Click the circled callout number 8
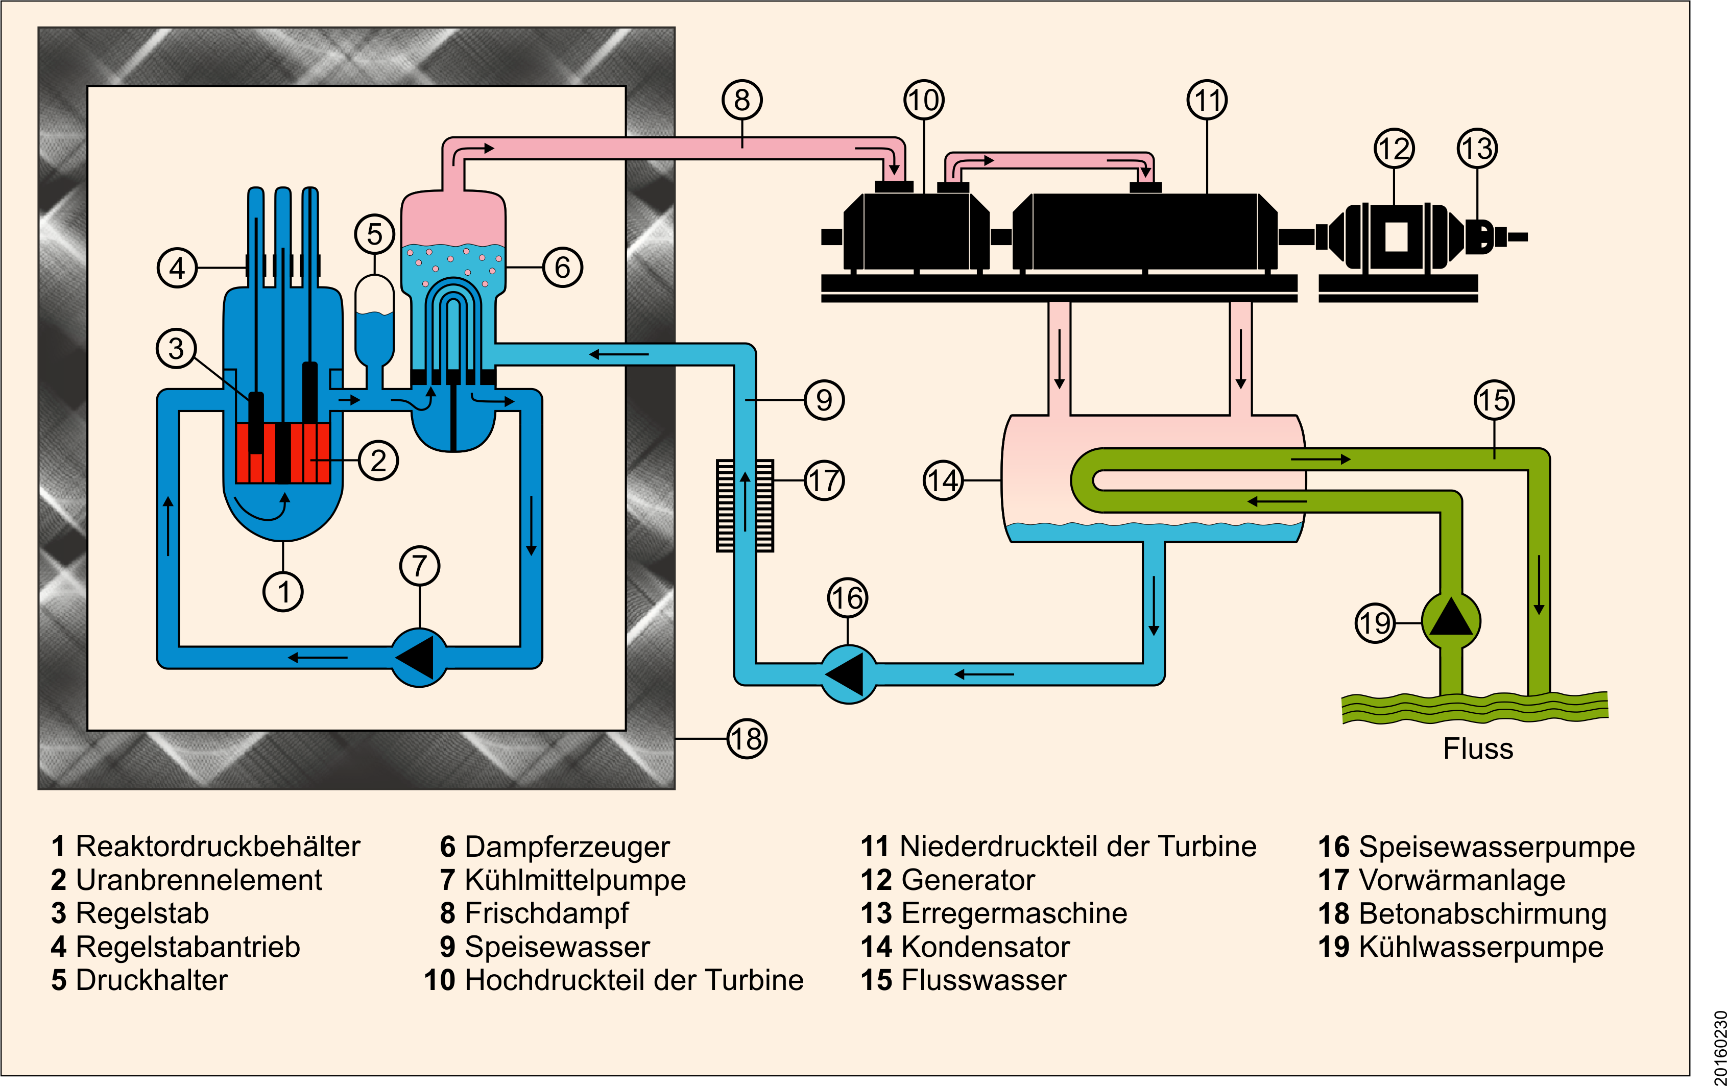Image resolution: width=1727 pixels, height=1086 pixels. tap(741, 100)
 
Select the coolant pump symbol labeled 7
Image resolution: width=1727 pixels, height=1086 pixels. tap(420, 657)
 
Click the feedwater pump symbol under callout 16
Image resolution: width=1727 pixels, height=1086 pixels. tap(848, 674)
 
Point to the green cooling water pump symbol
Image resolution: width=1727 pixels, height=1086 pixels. tap(1450, 620)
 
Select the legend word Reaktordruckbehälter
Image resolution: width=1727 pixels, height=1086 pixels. tap(218, 847)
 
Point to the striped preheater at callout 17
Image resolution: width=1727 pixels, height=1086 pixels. tap(745, 505)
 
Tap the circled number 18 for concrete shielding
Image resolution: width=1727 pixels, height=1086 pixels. tap(747, 738)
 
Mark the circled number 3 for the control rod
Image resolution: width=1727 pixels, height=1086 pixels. tap(176, 349)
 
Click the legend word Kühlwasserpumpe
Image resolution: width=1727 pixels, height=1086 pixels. tap(1480, 947)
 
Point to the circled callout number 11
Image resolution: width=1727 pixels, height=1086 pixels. tap(1207, 100)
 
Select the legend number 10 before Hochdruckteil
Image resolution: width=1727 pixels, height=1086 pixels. tap(440, 980)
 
